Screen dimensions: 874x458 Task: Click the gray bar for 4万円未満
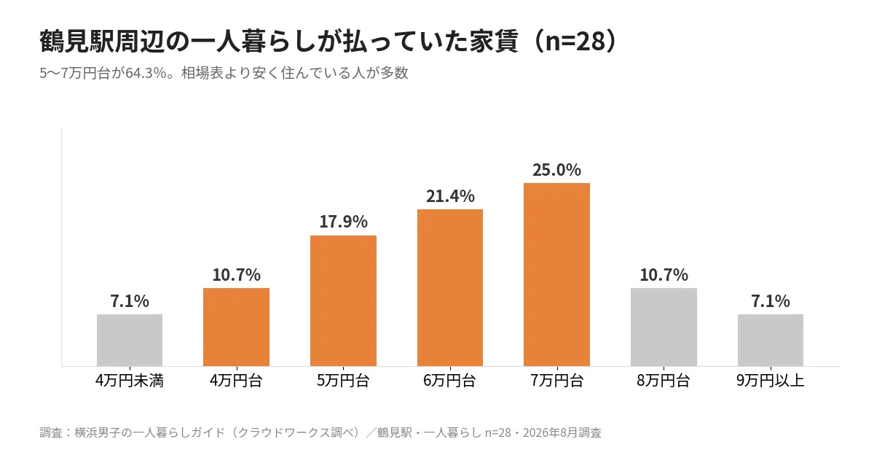pyautogui.click(x=130, y=340)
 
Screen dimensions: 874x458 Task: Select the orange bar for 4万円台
pyautogui.click(x=237, y=327)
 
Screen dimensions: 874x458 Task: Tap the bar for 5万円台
pyautogui.click(x=343, y=301)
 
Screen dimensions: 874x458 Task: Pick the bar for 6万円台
pyautogui.click(x=450, y=287)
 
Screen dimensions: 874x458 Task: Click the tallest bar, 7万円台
pyautogui.click(x=556, y=274)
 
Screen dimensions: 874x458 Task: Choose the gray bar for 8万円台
pyautogui.click(x=664, y=327)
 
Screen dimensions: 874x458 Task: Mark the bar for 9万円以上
pyautogui.click(x=771, y=340)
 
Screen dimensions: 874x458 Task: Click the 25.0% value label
pyautogui.click(x=556, y=170)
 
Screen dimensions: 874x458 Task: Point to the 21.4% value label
pyautogui.click(x=450, y=196)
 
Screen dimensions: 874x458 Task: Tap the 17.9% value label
pyautogui.click(x=343, y=222)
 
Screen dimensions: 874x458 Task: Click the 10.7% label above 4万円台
pyautogui.click(x=237, y=275)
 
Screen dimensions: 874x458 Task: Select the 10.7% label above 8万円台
pyautogui.click(x=664, y=275)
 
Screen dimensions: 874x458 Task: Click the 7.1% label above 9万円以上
pyautogui.click(x=771, y=301)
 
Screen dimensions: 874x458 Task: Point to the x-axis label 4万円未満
pyautogui.click(x=130, y=380)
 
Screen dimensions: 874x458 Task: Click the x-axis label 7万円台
pyautogui.click(x=556, y=380)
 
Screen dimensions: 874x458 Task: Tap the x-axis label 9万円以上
pyautogui.click(x=771, y=380)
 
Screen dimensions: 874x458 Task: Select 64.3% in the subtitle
pyautogui.click(x=146, y=73)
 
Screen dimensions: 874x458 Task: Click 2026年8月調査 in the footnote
pyautogui.click(x=562, y=432)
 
